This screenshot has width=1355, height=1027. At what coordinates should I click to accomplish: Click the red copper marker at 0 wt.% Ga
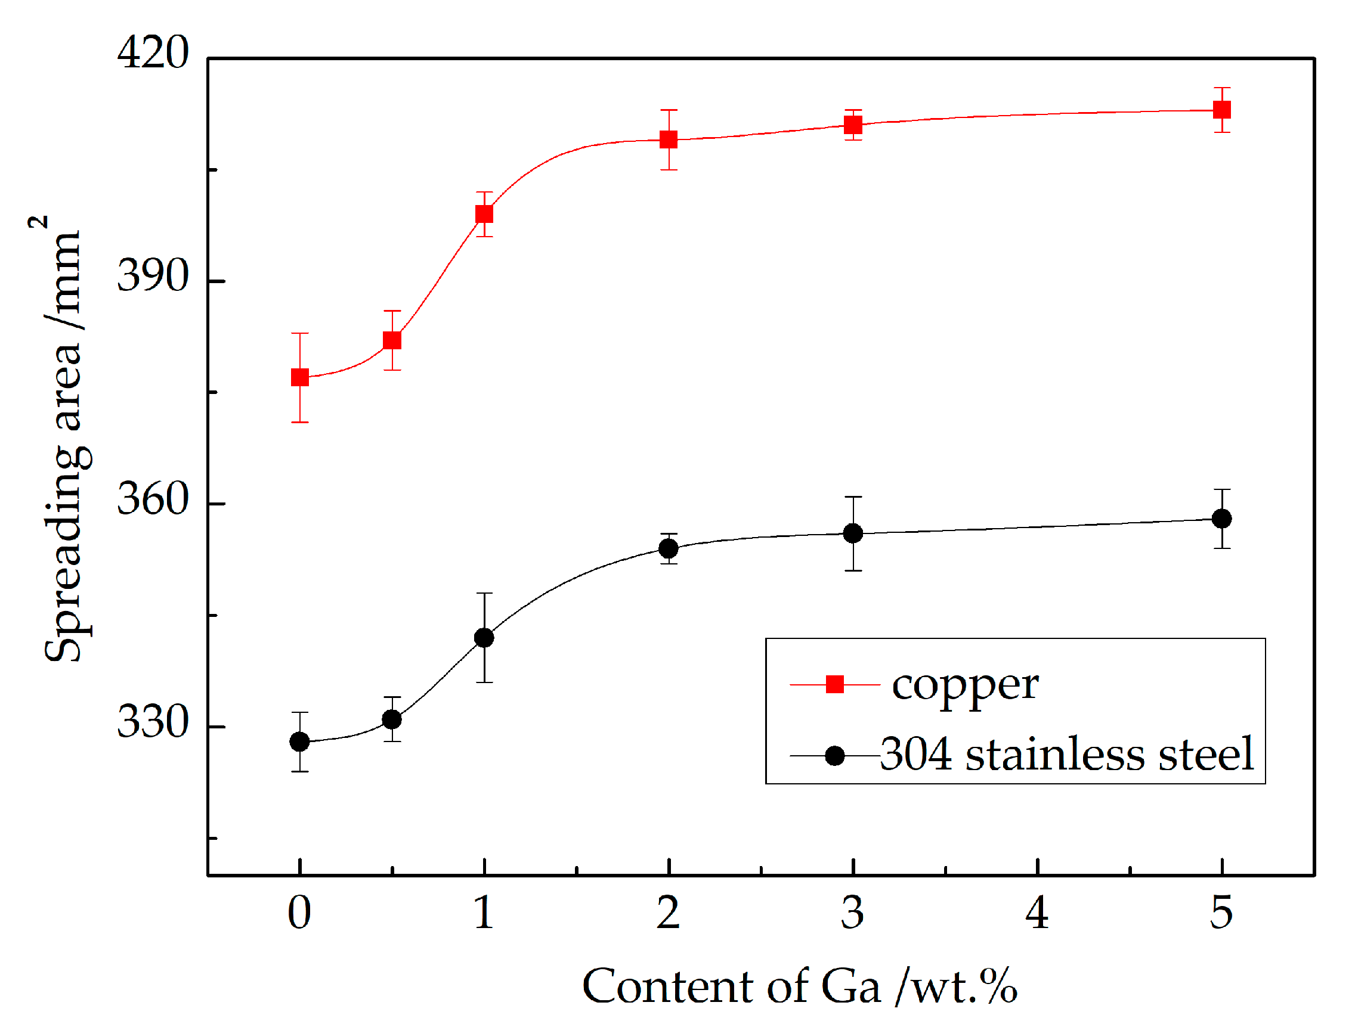[x=299, y=378]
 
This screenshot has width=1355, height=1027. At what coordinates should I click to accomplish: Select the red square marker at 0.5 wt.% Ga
[x=392, y=340]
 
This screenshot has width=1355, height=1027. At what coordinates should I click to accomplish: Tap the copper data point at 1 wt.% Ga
[x=484, y=215]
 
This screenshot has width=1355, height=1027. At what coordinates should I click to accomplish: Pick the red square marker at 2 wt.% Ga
[x=669, y=140]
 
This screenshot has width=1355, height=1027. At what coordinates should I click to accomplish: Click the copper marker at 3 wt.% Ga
[x=853, y=126]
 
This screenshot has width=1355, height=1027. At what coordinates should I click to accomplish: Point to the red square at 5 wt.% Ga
[x=1222, y=110]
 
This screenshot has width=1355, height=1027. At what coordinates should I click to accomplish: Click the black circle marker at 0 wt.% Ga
[x=299, y=742]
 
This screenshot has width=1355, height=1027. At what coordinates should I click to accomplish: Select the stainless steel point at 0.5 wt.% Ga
[x=392, y=719]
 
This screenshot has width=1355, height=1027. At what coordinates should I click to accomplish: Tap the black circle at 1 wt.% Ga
[x=484, y=638]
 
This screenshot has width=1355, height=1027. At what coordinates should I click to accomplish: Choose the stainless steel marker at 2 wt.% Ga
[x=669, y=549]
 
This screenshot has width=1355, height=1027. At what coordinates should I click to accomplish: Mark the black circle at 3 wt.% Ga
[x=853, y=534]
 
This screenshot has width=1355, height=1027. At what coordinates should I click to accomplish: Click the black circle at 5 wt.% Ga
[x=1222, y=519]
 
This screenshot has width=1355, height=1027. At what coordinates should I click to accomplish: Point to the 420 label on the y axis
[x=153, y=52]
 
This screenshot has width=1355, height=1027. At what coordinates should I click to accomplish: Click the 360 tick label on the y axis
[x=153, y=499]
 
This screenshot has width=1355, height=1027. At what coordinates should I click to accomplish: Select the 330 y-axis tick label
[x=153, y=722]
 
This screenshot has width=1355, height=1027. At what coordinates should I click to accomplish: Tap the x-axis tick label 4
[x=1037, y=913]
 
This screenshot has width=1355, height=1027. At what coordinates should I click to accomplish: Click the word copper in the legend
[x=966, y=685]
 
